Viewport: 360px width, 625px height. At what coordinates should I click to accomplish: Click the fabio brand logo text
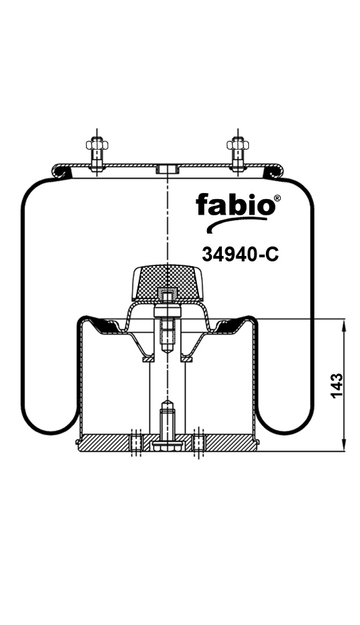point(233,204)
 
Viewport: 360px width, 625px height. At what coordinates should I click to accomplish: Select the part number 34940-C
point(241,254)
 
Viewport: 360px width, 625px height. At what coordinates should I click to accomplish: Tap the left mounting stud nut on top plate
point(95,144)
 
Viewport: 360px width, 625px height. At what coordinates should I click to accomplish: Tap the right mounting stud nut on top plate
point(236,144)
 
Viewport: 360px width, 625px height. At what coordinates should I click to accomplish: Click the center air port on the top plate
point(166,169)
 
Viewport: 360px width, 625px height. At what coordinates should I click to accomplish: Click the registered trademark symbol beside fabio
point(276,198)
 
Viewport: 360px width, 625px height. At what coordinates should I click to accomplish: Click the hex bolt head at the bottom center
point(166,446)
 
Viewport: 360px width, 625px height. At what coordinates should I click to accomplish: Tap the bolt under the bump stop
point(166,328)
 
